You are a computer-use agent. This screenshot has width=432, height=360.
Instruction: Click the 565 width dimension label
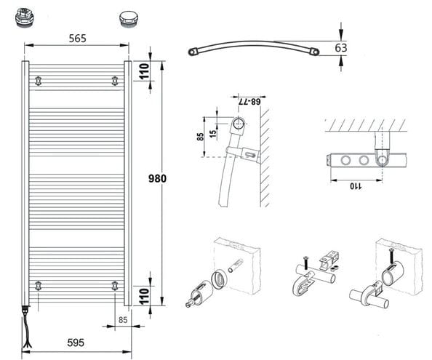tap(77, 39)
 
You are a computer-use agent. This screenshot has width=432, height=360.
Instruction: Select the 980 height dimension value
tap(157, 179)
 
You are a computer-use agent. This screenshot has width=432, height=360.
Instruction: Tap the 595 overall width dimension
tap(76, 343)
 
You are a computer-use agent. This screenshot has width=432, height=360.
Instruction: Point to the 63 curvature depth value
tap(341, 48)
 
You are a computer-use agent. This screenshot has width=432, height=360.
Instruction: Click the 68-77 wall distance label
tap(249, 102)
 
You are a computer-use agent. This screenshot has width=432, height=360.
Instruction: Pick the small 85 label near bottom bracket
tap(123, 320)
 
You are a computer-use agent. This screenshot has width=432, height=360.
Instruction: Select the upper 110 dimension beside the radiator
tap(144, 71)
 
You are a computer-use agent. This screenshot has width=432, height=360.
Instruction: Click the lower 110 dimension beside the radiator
tap(144, 296)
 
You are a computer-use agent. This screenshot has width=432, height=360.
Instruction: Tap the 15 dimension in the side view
tap(213, 134)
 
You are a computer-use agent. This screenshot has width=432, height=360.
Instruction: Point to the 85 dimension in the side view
tap(200, 137)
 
